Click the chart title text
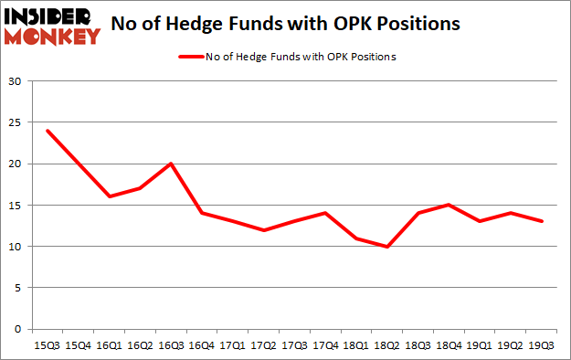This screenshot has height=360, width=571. click(285, 25)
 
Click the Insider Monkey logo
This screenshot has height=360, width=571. click(52, 25)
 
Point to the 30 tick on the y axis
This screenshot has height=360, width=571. click(15, 82)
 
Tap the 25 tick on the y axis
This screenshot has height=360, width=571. click(15, 123)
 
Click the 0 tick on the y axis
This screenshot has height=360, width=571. click(17, 329)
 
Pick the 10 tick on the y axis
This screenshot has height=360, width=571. click(15, 247)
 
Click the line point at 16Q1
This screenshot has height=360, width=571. click(111, 196)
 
